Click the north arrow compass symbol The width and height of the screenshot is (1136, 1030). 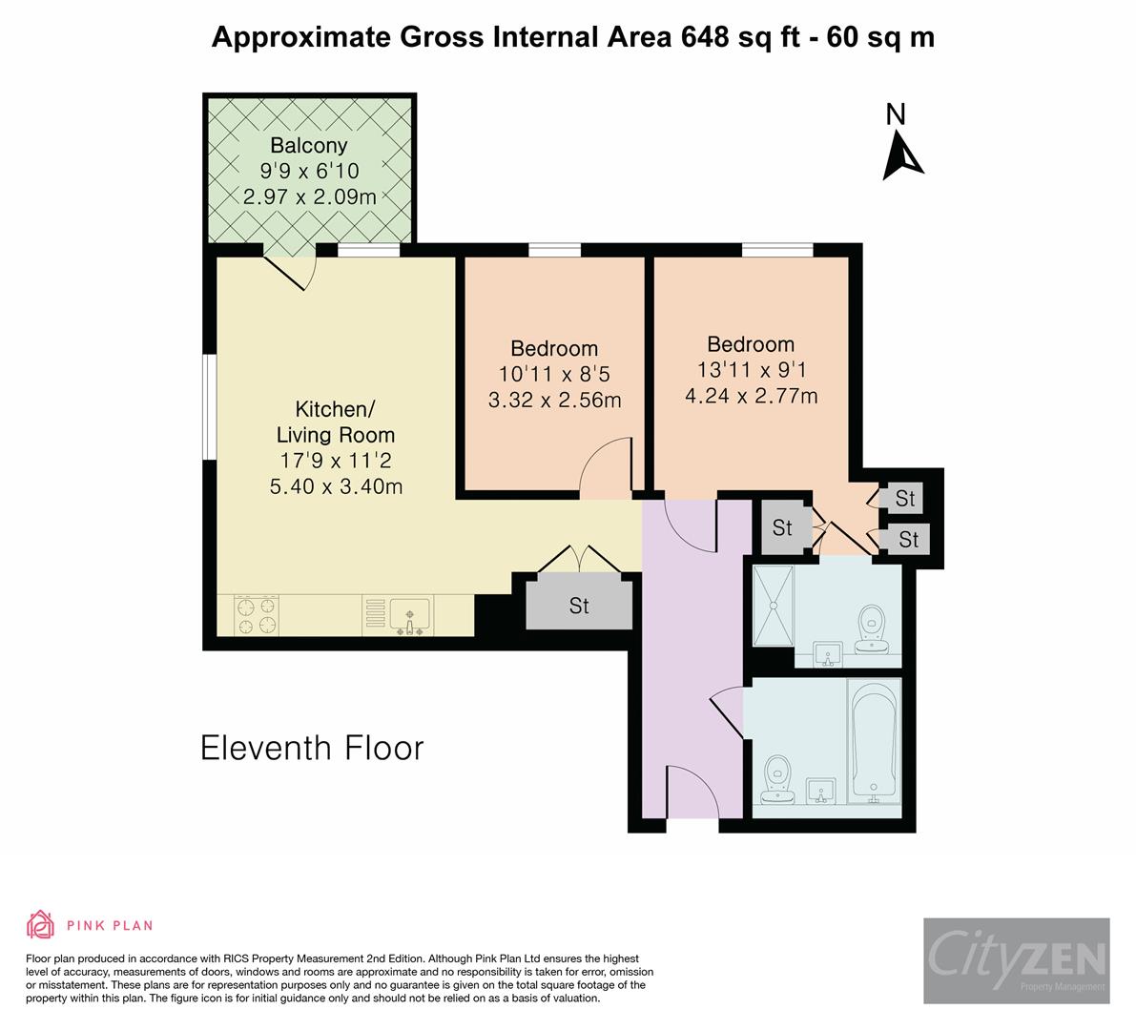(901, 156)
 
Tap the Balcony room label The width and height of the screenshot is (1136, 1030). (308, 146)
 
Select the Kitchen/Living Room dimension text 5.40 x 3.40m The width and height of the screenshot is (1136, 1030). (335, 486)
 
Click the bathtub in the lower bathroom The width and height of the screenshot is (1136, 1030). (874, 738)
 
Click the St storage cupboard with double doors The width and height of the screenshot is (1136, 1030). (579, 605)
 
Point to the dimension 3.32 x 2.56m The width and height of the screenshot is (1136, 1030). (554, 401)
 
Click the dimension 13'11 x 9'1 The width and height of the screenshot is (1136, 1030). (751, 370)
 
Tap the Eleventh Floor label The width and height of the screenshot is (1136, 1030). (312, 748)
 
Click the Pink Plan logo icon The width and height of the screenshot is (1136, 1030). (40, 924)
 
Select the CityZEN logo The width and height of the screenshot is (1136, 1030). (1016, 960)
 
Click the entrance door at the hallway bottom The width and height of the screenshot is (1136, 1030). (690, 790)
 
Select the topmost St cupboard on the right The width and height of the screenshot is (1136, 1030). (903, 498)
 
